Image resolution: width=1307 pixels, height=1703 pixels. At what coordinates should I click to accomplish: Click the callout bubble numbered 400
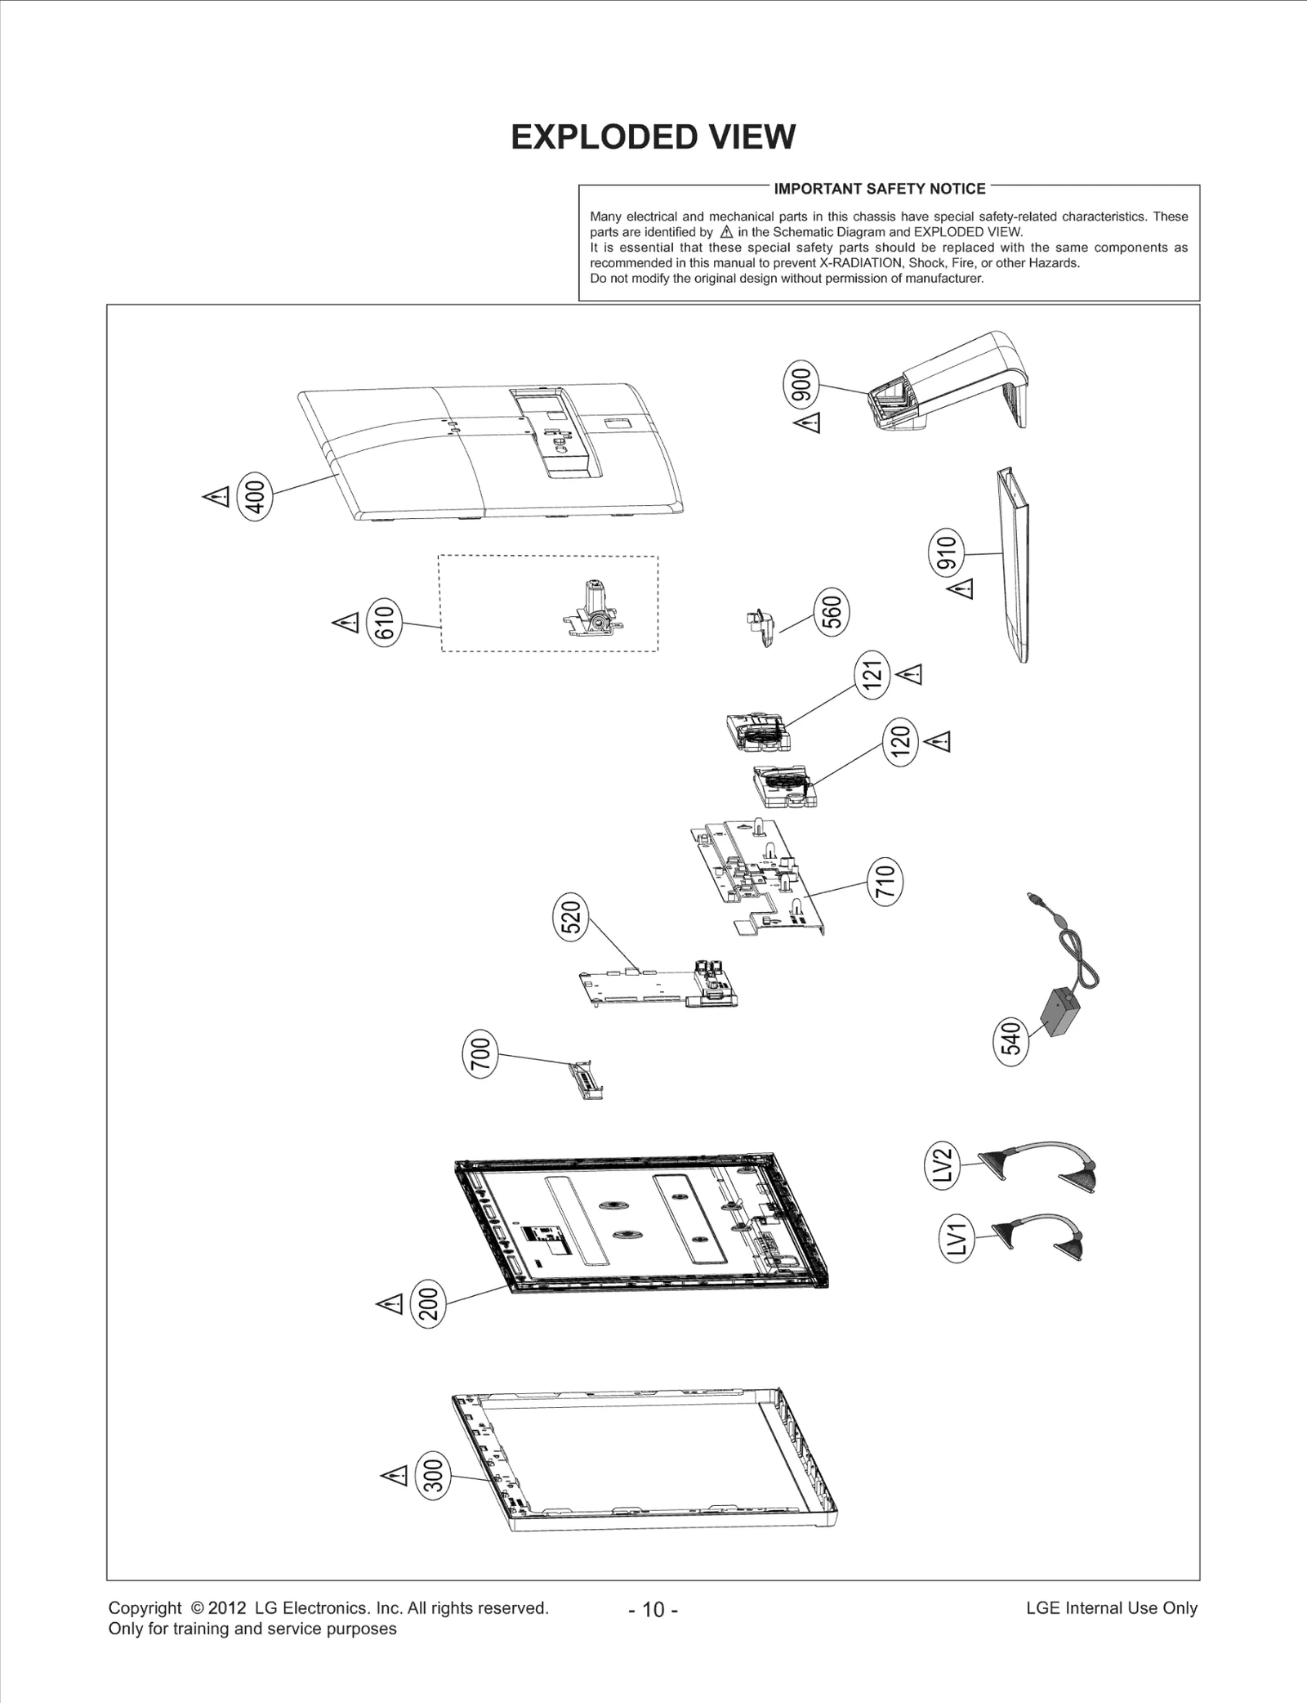[255, 497]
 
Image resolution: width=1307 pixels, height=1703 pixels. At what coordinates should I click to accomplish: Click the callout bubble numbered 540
[1011, 1039]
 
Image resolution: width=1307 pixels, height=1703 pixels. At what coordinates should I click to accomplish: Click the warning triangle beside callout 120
[940, 742]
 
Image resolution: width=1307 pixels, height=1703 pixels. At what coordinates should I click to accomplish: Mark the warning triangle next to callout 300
[395, 1476]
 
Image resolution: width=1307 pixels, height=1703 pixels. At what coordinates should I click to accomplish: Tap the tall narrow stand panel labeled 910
[1013, 564]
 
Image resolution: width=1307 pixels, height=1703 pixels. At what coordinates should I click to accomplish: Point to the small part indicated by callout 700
[588, 1079]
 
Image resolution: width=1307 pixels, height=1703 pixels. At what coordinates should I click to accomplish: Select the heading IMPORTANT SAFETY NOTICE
[879, 189]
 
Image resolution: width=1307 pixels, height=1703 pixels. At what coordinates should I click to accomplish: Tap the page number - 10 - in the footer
[653, 1609]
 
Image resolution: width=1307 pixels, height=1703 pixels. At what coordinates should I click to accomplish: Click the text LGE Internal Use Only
[1111, 1607]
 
